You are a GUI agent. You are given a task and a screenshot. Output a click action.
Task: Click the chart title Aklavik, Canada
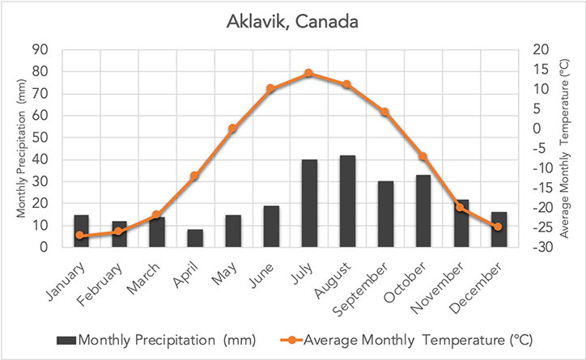[x=292, y=22]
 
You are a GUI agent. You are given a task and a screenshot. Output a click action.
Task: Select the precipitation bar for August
[x=346, y=201]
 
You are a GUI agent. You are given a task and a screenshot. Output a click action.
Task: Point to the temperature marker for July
[x=308, y=74]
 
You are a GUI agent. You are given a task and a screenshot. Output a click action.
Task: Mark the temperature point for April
[x=195, y=176]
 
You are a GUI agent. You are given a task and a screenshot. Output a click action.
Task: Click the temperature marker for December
[x=498, y=227]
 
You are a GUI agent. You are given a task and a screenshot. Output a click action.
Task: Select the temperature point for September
[x=384, y=112]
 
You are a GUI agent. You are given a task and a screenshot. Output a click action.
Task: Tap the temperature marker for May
[x=232, y=129]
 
